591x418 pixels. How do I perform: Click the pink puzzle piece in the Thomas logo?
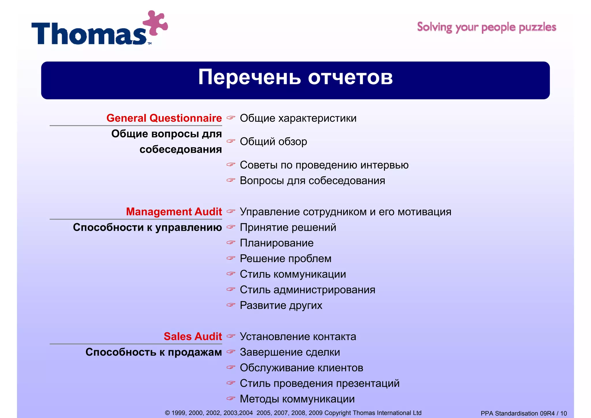tap(155, 23)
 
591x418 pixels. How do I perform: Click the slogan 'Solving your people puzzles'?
tap(487, 27)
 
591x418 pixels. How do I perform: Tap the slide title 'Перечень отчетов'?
tap(295, 77)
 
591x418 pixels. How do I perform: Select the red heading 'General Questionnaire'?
tap(164, 118)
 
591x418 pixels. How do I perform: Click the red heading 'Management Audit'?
tap(174, 212)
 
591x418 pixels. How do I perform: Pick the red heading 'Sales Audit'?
tap(193, 336)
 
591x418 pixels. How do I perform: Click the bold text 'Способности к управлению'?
tap(147, 227)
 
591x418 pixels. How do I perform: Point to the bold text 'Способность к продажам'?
tap(154, 352)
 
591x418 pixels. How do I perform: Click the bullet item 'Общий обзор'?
tap(273, 141)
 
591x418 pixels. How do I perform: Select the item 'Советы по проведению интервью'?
tap(324, 165)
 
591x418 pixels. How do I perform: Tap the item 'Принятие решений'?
tap(288, 227)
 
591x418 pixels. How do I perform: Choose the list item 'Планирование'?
tap(276, 243)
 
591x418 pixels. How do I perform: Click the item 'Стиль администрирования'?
tap(307, 290)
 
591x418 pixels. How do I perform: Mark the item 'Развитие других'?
tap(281, 305)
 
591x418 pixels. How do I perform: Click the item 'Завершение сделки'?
tap(290, 352)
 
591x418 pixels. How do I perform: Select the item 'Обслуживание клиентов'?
tap(301, 367)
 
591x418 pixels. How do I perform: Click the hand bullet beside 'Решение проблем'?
tap(231, 258)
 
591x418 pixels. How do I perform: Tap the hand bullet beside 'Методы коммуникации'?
tap(231, 398)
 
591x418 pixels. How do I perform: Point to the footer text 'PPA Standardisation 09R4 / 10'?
tap(523, 413)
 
